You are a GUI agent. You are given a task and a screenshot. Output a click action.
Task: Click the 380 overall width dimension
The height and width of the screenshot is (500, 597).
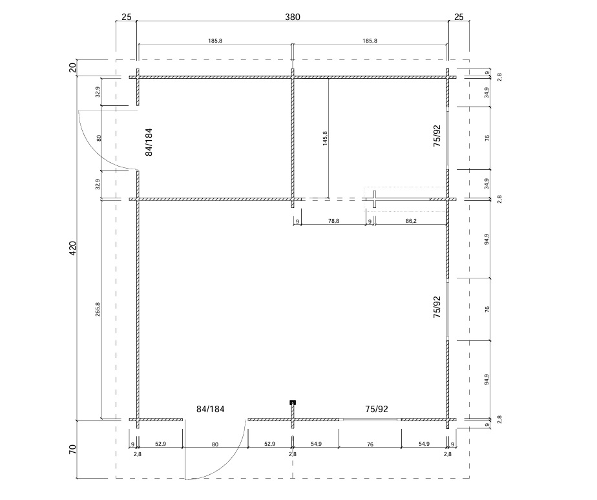293,17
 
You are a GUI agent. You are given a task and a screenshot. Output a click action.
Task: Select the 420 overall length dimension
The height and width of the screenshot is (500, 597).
73,248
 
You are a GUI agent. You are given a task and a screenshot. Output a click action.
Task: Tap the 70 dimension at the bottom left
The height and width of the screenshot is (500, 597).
73,450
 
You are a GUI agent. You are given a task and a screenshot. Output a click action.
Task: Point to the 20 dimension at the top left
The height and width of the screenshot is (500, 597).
73,68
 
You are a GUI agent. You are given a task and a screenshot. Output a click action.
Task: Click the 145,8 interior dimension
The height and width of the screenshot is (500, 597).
325,138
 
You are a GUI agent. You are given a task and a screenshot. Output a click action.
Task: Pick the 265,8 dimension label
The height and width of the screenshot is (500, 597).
98,309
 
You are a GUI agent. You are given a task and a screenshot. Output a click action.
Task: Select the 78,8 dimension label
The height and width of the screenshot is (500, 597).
333,221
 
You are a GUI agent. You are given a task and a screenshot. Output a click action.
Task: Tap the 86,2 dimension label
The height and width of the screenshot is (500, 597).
411,221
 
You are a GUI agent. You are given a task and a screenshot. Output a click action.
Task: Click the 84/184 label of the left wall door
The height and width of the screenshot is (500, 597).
149,142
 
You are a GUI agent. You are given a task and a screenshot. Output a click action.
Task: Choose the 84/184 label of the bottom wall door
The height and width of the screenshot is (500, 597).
210,409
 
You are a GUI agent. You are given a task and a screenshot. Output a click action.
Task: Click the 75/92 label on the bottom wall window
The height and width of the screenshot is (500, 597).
377,409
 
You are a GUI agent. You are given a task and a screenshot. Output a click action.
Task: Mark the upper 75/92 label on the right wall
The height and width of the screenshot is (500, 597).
437,136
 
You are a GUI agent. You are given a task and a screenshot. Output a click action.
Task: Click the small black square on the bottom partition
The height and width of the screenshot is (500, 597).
293,402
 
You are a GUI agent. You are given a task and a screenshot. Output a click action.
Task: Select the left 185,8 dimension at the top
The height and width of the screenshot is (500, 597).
215,41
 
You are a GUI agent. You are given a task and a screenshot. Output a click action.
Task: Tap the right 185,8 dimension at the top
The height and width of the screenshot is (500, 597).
370,41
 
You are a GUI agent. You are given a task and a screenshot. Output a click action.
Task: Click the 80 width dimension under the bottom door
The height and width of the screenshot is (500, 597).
215,444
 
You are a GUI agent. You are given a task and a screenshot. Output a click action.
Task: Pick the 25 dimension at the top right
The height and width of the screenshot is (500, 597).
459,17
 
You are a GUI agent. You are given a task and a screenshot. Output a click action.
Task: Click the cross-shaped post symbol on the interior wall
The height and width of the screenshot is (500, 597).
374,199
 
